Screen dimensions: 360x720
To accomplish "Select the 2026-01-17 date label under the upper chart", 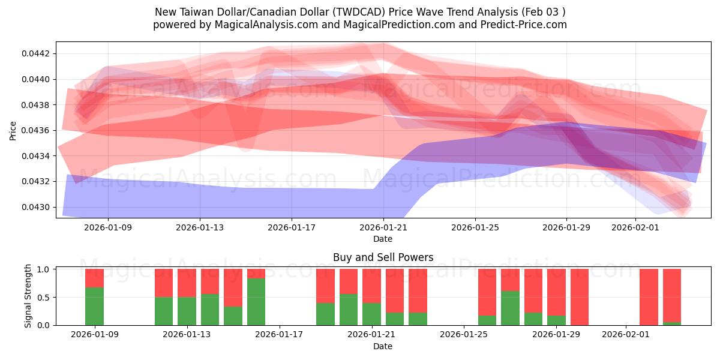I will pos(292,227).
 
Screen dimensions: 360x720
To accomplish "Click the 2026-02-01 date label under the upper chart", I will pos(635,227).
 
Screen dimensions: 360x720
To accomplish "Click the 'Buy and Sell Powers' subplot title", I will pos(383,257).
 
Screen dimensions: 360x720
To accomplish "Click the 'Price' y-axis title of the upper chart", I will pos(13,130).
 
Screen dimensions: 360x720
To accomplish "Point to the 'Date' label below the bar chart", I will pos(383,346).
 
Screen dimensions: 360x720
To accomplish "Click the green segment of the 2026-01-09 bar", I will pos(94,306).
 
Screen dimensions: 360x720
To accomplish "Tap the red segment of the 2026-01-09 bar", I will pos(94,278).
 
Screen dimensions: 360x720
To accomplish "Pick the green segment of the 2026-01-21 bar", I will pos(371,314).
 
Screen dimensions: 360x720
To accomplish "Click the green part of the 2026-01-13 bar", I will pos(187,311).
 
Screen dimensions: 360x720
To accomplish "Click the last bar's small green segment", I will pos(672,323).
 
